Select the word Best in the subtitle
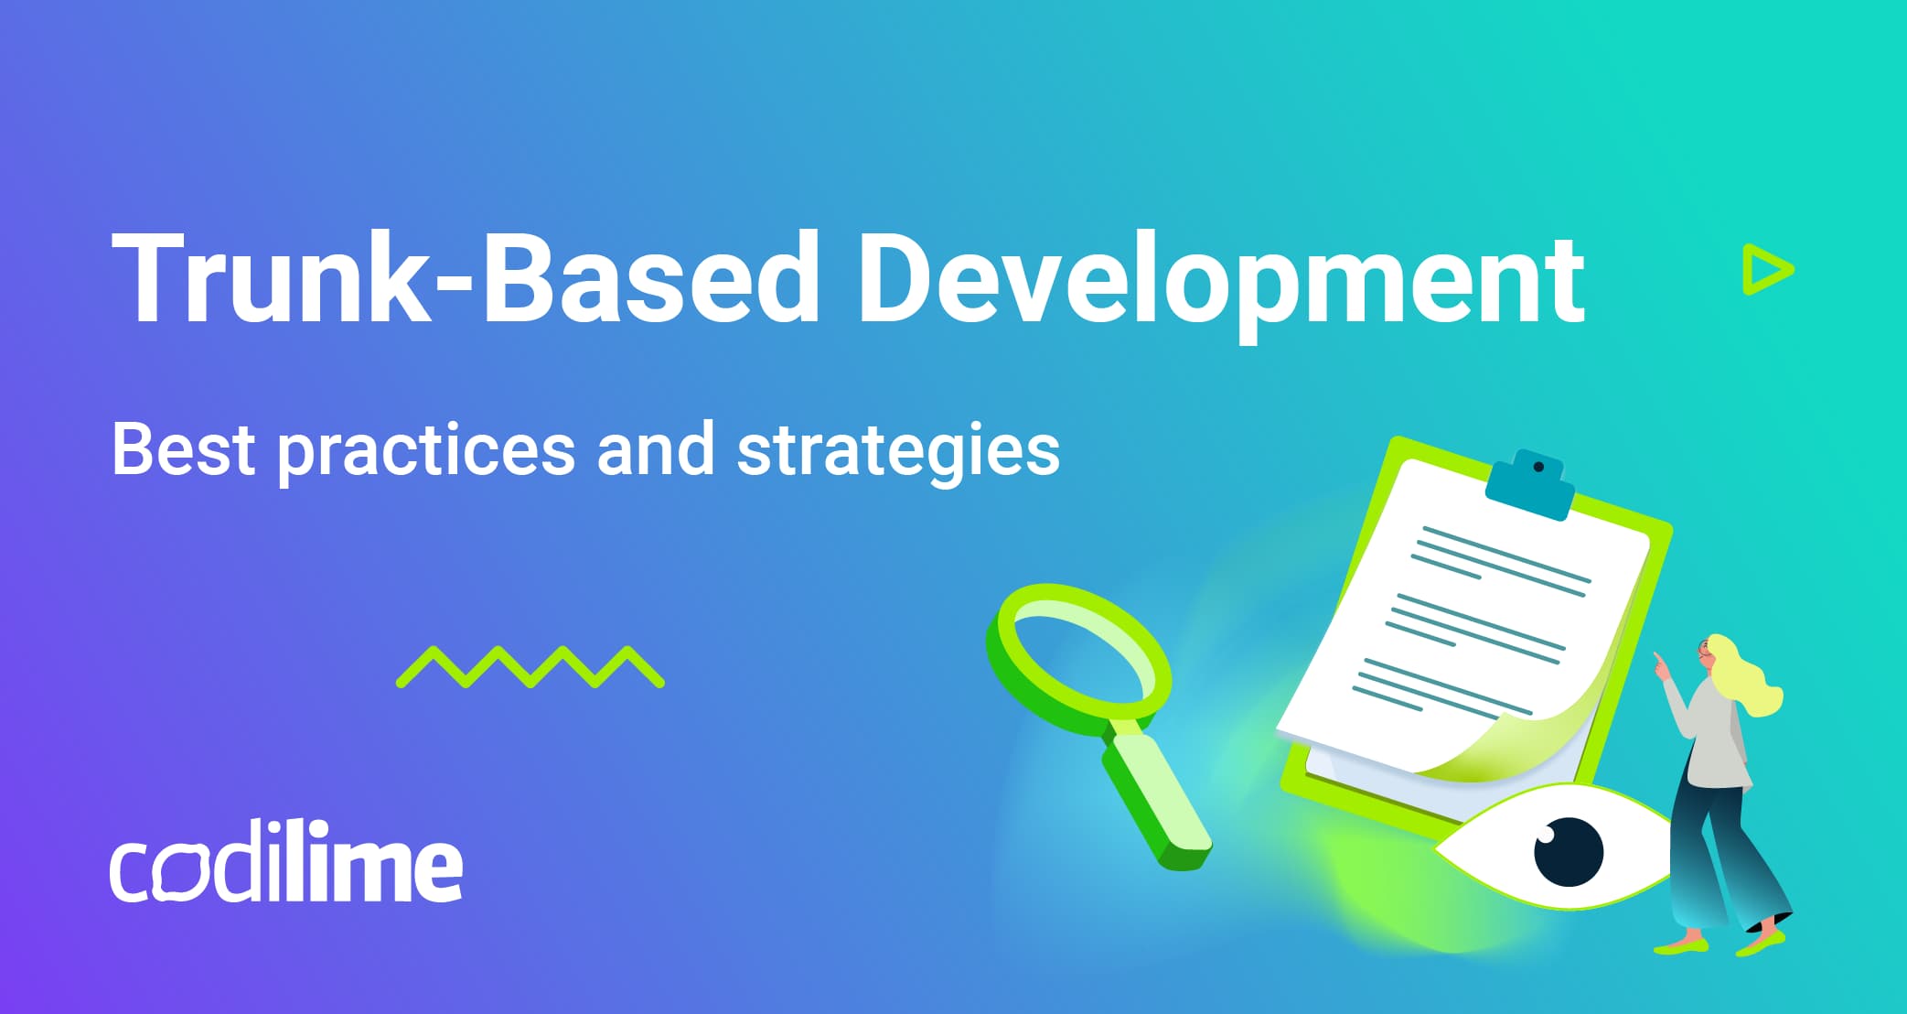(x=183, y=449)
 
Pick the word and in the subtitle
(x=655, y=449)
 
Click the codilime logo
(x=286, y=864)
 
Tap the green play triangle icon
(x=1765, y=270)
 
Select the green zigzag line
(x=530, y=667)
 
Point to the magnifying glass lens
(x=1079, y=655)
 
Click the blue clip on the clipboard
(x=1530, y=484)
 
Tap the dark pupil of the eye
(x=1568, y=851)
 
